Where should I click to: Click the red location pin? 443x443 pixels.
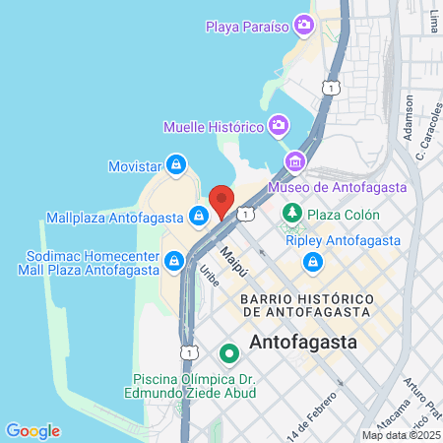click(x=221, y=200)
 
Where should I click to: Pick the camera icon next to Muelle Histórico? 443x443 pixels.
click(x=279, y=126)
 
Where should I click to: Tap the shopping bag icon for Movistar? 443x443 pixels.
click(x=175, y=162)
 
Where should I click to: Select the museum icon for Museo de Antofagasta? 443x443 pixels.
click(x=293, y=160)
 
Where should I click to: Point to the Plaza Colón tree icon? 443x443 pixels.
click(x=291, y=214)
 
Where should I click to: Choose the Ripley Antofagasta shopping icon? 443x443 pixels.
click(x=312, y=262)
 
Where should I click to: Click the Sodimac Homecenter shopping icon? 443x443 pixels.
click(x=174, y=260)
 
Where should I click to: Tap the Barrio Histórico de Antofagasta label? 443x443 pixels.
click(x=305, y=304)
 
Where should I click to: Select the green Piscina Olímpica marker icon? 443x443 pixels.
click(x=228, y=351)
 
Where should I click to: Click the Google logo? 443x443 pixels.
click(x=32, y=430)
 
